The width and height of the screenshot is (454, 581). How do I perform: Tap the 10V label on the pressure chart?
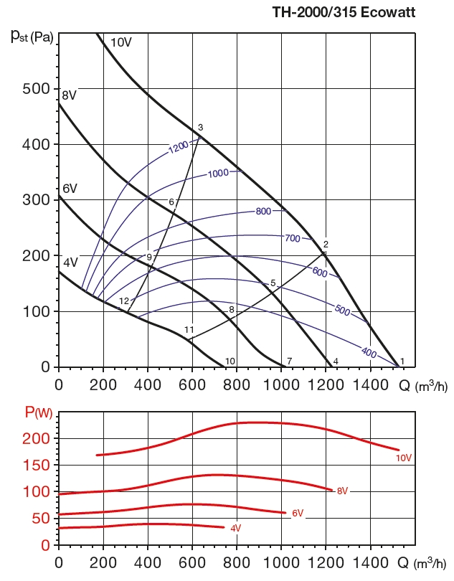pos(120,42)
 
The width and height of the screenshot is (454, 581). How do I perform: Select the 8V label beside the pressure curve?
pos(69,95)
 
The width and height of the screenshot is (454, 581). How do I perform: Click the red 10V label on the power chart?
pos(404,457)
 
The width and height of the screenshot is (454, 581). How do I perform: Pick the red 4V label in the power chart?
pos(235,529)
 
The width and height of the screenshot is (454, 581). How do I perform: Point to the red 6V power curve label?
pos(298,513)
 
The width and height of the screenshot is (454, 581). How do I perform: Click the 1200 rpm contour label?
pos(179,147)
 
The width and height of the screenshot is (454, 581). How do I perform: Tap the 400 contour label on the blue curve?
pos(369,352)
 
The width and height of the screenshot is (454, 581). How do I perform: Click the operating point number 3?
pos(201,128)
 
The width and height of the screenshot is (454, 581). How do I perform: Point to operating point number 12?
pos(123,301)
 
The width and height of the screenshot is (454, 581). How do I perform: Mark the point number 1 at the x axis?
pos(402,361)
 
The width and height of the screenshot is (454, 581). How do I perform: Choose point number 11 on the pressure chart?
pos(189,330)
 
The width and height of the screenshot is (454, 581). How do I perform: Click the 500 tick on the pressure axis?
pos(34,89)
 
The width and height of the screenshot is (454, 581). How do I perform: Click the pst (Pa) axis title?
pos(32,36)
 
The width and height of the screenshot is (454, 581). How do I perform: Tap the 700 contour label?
pos(293,237)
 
